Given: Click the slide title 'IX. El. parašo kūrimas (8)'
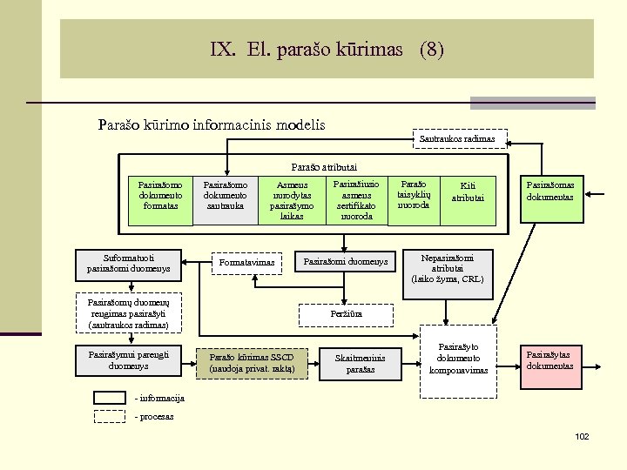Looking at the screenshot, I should coord(327,50).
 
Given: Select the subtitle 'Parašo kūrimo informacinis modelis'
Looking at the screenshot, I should coord(212,124).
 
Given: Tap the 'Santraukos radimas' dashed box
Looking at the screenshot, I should coord(457,138).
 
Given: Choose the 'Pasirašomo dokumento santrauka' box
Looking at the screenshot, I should coord(225,198).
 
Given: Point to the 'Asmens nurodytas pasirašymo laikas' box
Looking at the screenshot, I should coord(292,200).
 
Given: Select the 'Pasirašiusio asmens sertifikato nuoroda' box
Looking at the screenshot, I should coord(356,200).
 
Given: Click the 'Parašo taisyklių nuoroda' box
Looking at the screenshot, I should coord(414,195).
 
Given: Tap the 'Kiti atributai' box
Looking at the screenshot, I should coord(468,191).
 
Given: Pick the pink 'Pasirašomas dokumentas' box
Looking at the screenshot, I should coord(555,191).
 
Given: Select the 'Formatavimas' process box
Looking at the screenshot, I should coord(247,263).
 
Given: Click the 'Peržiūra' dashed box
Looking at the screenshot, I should coord(346,313).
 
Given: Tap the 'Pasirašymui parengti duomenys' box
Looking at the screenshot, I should coord(129,360).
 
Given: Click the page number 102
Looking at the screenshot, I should coord(582,435).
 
